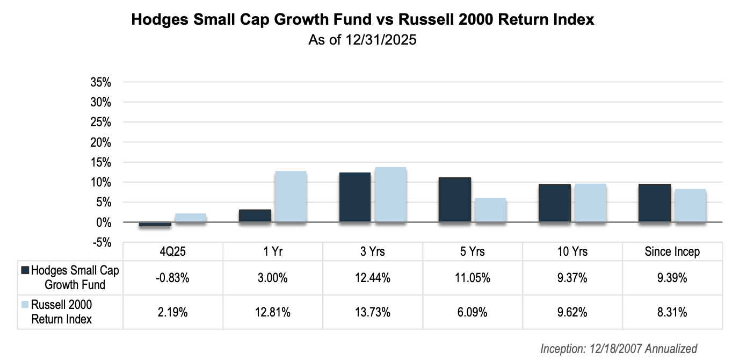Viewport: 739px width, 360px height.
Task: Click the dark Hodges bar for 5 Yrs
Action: point(454,199)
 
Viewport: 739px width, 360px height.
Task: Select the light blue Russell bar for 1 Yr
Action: point(291,196)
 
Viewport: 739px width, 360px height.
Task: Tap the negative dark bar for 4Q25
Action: point(155,224)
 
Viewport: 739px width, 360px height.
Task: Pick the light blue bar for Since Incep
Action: point(690,205)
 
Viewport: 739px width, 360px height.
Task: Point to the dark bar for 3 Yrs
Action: point(354,197)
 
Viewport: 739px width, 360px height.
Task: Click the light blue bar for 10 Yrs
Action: point(590,203)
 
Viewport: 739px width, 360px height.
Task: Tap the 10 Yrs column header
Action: point(572,251)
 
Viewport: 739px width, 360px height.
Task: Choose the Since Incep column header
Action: point(672,251)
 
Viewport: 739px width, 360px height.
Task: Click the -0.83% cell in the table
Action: point(172,278)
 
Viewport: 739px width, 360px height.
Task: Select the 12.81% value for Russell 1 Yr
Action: point(273,312)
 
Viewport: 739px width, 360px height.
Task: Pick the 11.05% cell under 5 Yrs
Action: point(473,278)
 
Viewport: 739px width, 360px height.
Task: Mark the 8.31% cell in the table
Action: point(672,312)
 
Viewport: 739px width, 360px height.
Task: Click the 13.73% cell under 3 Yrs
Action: point(373,312)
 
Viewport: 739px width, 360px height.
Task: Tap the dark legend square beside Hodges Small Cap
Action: point(25,270)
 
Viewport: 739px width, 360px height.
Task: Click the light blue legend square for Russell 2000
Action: point(25,305)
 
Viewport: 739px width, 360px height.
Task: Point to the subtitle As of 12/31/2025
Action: point(363,40)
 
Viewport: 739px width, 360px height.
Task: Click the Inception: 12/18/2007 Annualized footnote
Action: point(619,348)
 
